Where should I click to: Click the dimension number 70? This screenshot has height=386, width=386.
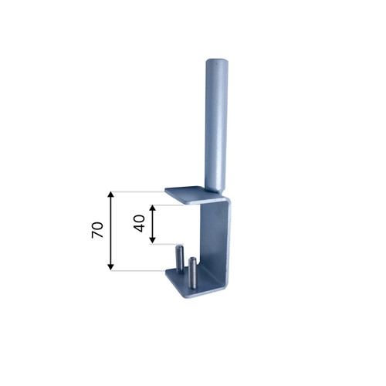[98, 229]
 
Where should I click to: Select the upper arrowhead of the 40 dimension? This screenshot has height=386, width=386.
[152, 208]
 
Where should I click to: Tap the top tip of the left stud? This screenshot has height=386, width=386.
[179, 246]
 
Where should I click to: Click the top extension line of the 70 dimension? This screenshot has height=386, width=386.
[139, 191]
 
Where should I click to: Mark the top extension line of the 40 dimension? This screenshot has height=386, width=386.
[174, 205]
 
